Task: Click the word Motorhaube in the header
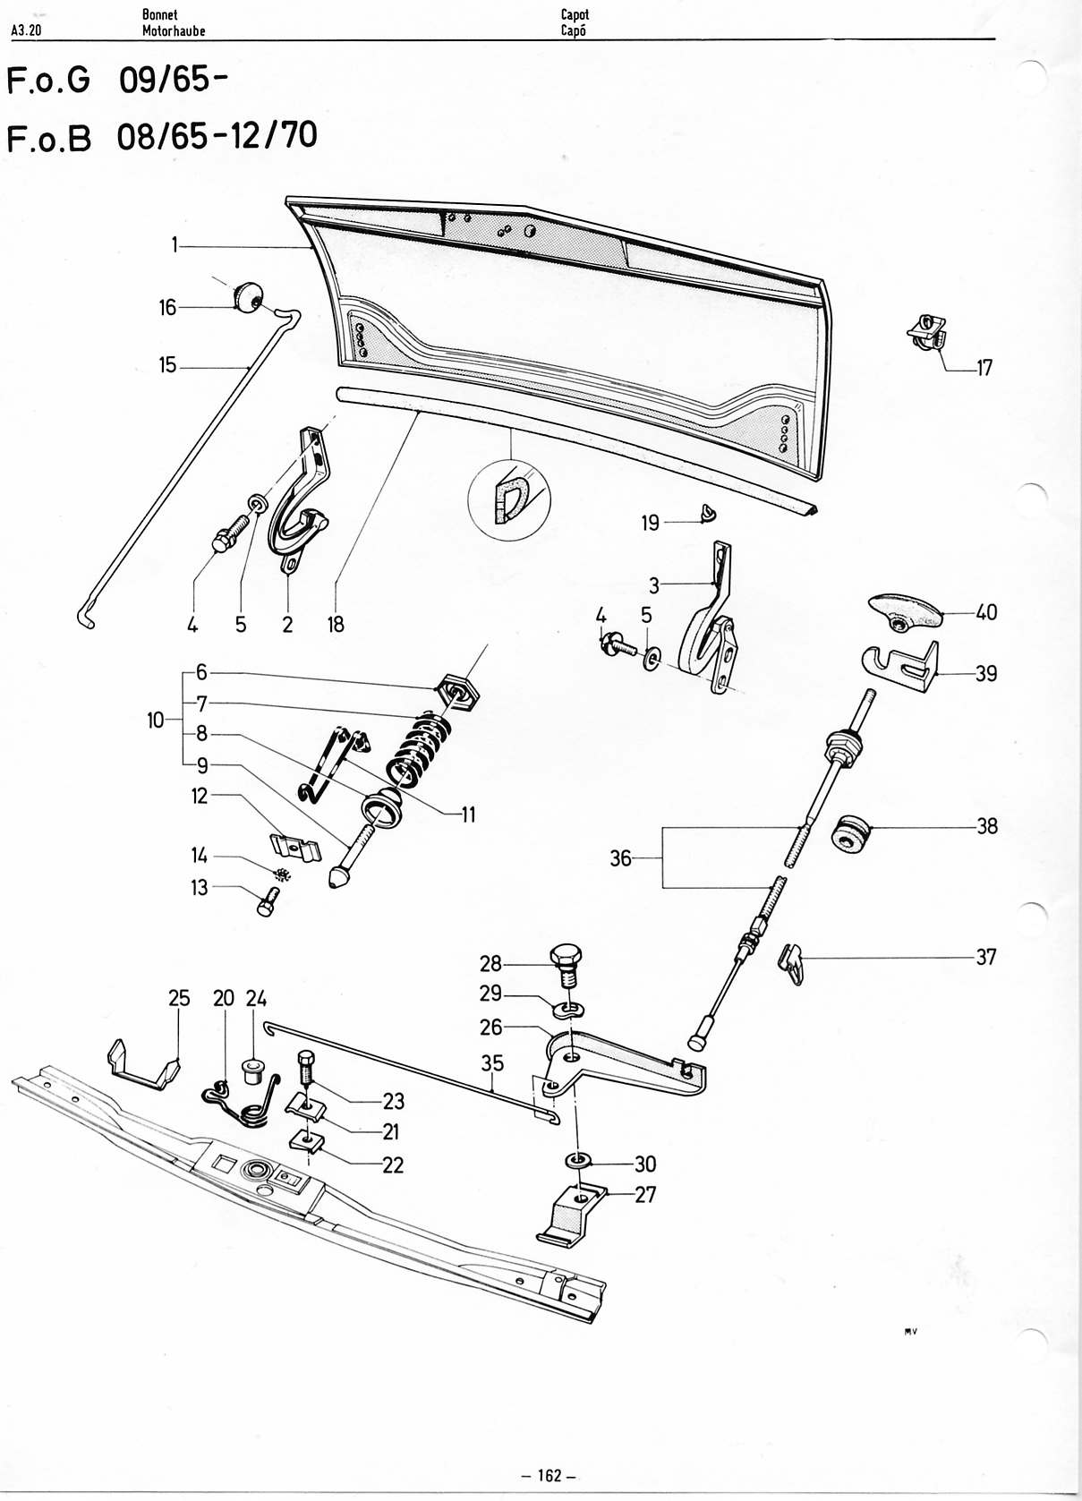pyautogui.click(x=174, y=30)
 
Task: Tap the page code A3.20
pyautogui.click(x=27, y=30)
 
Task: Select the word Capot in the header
pyautogui.click(x=575, y=14)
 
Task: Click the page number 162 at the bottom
pyautogui.click(x=548, y=1457)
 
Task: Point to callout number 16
pyautogui.click(x=166, y=308)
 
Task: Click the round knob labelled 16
pyautogui.click(x=247, y=297)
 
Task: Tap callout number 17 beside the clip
pyautogui.click(x=984, y=368)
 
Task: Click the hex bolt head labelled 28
pyautogui.click(x=567, y=954)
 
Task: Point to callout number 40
pyautogui.click(x=986, y=612)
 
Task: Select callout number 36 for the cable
pyautogui.click(x=620, y=857)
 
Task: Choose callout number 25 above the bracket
pyautogui.click(x=179, y=999)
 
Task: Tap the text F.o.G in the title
pyautogui.click(x=48, y=81)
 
